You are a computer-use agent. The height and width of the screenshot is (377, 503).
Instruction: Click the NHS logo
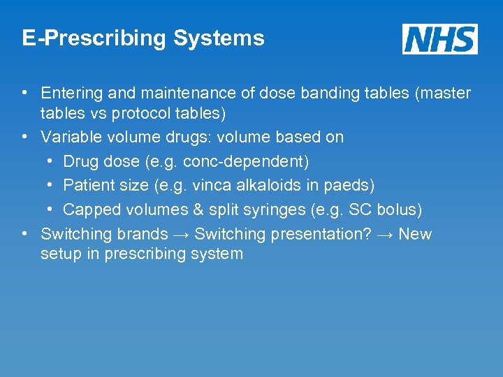point(439,38)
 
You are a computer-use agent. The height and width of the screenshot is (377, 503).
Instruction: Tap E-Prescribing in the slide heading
point(94,38)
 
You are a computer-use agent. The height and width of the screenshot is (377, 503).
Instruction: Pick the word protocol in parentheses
point(142,112)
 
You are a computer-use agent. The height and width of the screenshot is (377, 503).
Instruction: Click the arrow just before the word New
point(385,234)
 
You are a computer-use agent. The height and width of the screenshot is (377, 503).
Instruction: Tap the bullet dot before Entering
point(24,93)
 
